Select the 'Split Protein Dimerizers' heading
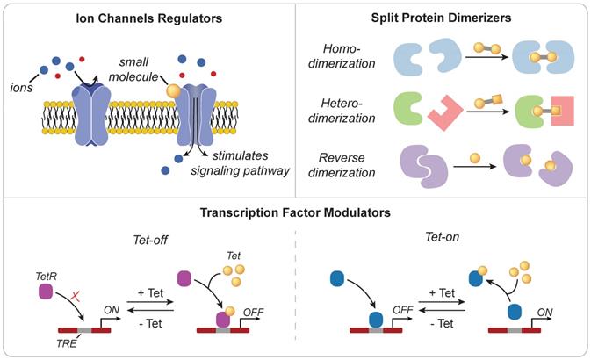[442, 18]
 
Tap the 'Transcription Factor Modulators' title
[295, 213]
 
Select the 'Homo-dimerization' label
[346, 57]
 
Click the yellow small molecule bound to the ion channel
[176, 90]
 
